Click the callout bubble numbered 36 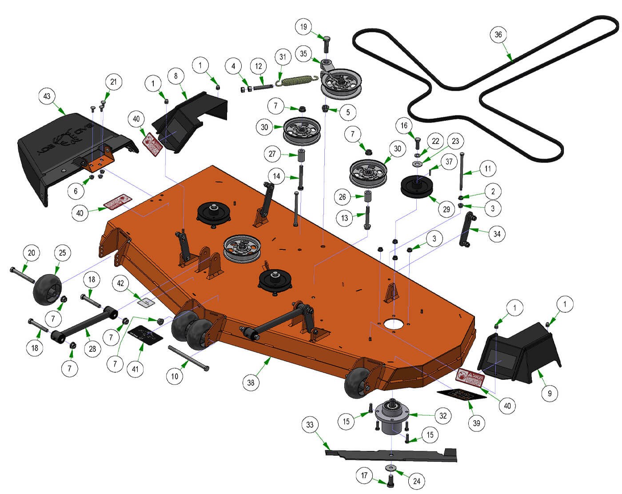coord(498,34)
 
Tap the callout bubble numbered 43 coord(47,96)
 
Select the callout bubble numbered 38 coord(251,382)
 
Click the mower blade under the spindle coord(391,454)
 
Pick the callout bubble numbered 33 coord(310,425)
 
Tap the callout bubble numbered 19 coord(303,27)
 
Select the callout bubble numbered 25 coord(62,253)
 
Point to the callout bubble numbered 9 coord(550,393)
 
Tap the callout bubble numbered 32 coord(443,416)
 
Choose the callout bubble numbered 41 coord(136,369)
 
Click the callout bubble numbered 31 coord(283,56)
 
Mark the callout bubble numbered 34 coord(497,234)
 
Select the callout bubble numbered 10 coord(175,376)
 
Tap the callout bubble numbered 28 coord(92,348)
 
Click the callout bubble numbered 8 coord(175,76)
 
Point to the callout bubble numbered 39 coord(476,422)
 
